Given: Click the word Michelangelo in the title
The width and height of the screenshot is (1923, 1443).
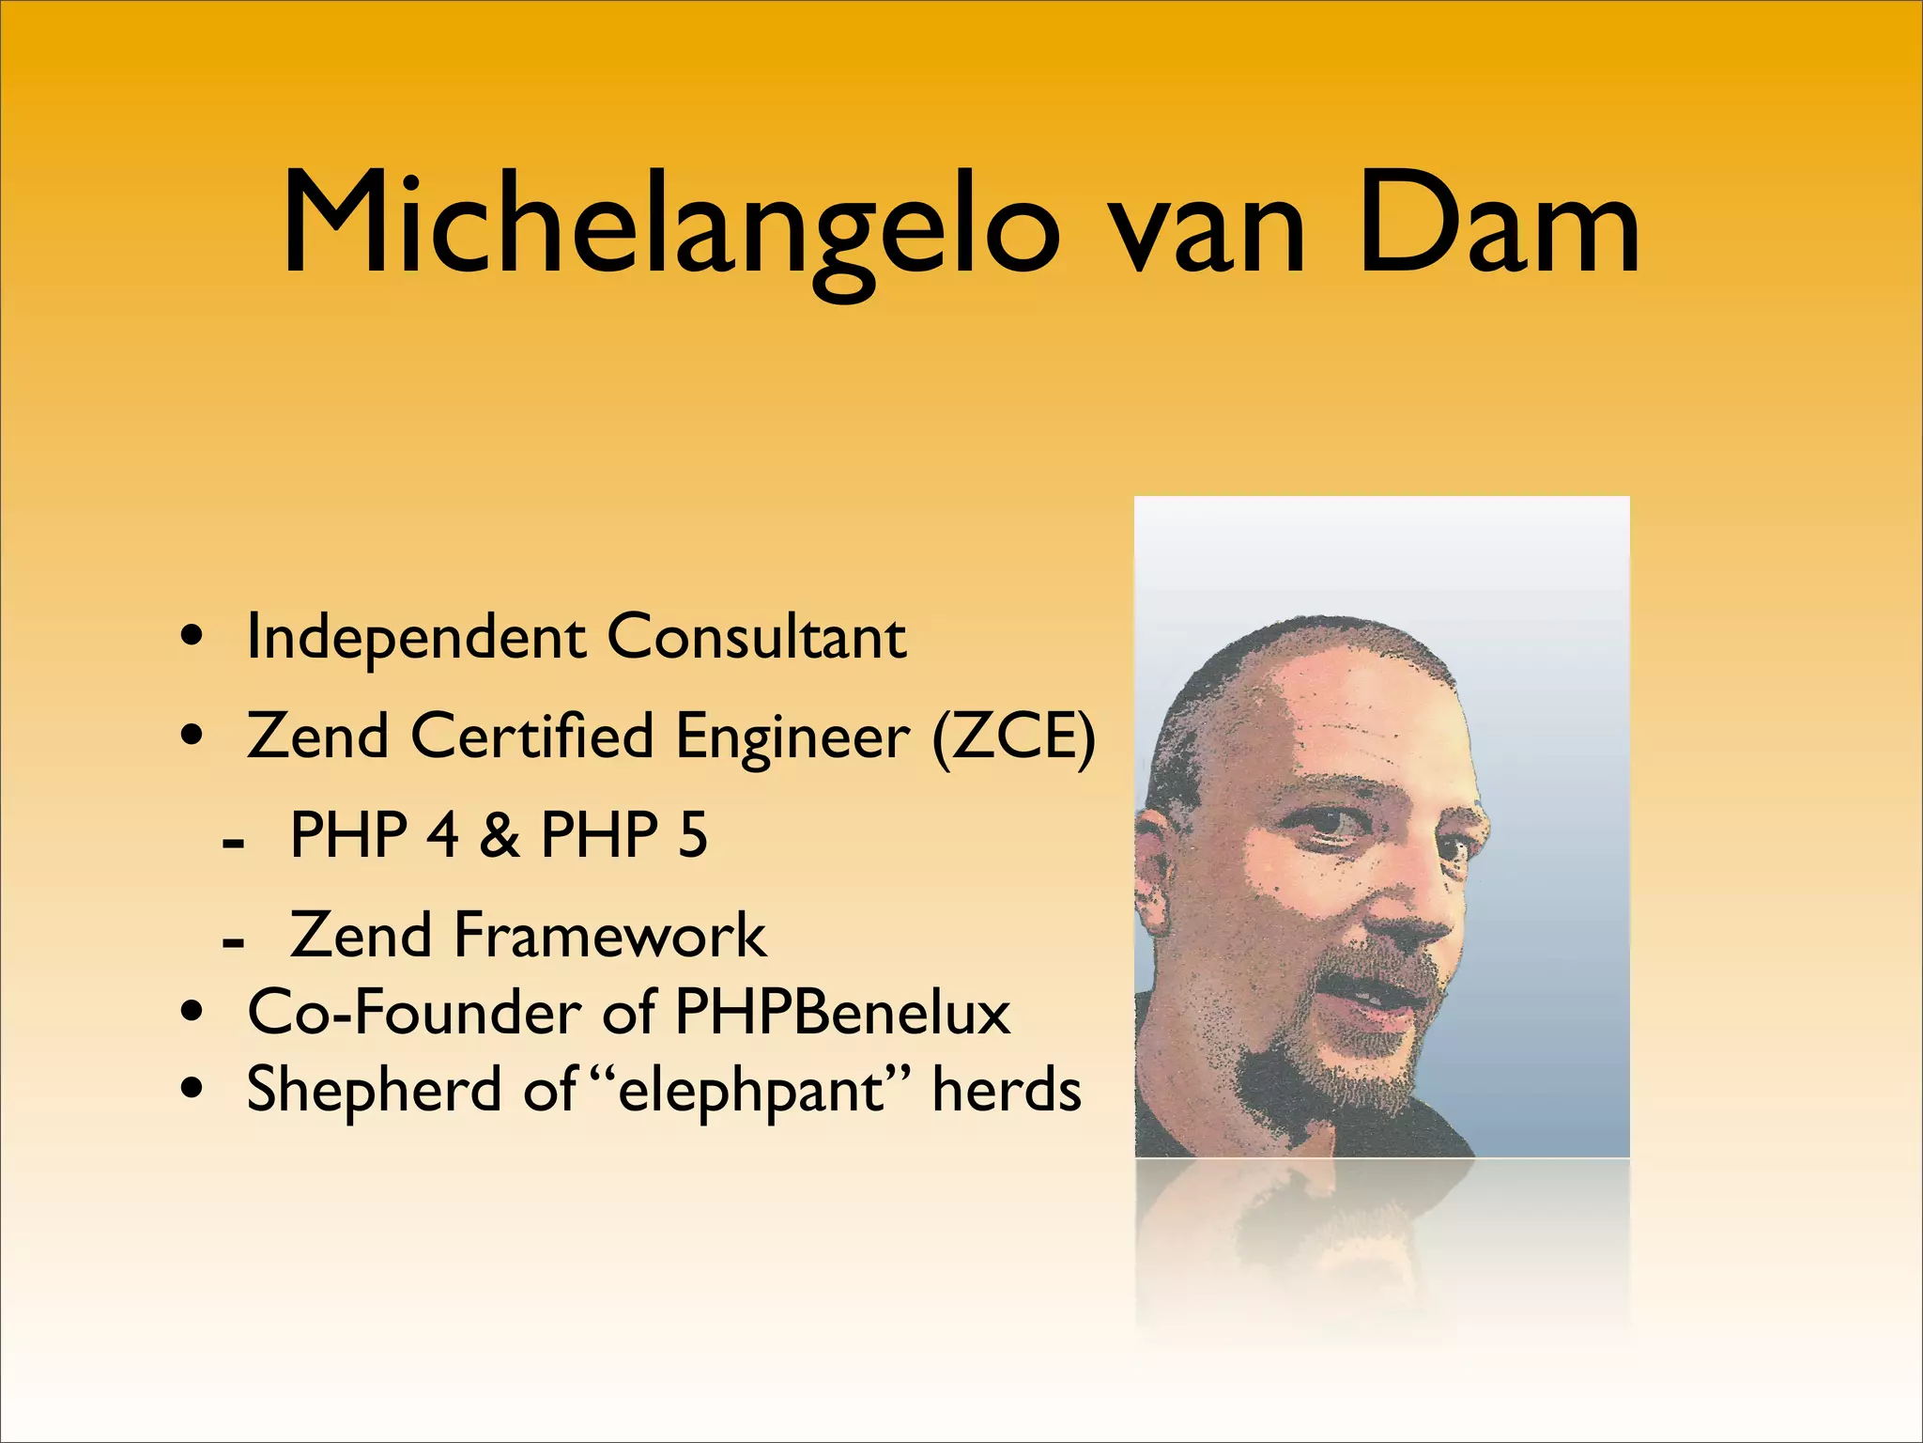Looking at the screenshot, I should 671,225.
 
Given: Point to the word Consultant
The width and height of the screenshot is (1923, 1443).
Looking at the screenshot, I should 757,637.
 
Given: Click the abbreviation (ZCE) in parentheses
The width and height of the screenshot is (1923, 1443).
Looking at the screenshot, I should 1013,736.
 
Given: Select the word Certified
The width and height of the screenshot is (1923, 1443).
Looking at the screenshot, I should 531,736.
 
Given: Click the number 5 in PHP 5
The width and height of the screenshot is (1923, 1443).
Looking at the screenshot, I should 693,834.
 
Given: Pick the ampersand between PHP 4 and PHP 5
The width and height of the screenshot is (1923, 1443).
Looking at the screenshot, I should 499,834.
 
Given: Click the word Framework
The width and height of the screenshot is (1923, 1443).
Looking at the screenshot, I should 609,935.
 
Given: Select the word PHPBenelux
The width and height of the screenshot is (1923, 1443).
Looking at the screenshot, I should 842,1013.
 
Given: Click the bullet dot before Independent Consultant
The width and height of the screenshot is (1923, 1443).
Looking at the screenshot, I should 192,638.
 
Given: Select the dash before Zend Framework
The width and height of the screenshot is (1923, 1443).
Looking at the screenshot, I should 233,940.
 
